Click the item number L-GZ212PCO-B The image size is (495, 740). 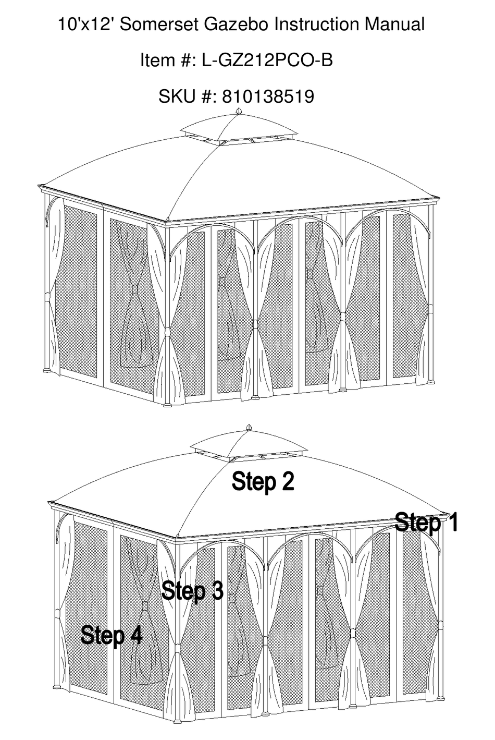pyautogui.click(x=267, y=60)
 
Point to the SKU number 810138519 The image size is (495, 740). pyautogui.click(x=268, y=96)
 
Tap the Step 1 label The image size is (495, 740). pyautogui.click(x=426, y=522)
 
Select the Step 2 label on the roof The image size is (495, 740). pyautogui.click(x=263, y=481)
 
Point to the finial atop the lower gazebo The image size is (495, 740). pyautogui.click(x=249, y=428)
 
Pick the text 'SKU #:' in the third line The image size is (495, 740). pyautogui.click(x=188, y=96)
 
